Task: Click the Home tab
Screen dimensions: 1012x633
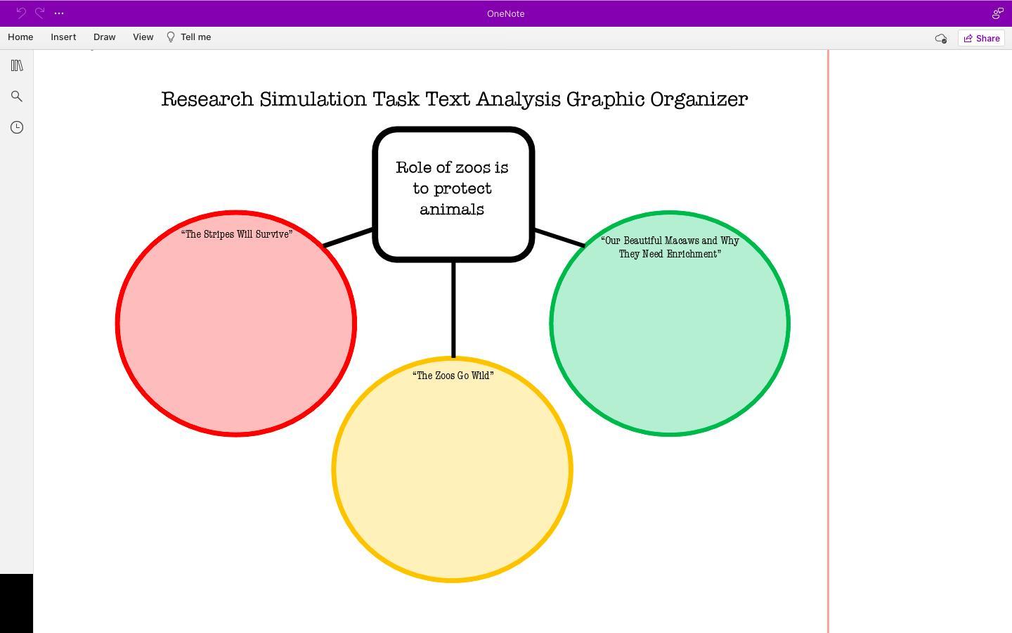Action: tap(20, 37)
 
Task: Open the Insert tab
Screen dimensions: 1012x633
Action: tap(63, 37)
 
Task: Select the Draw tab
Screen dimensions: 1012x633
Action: tap(104, 37)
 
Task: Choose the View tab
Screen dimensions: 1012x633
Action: tap(143, 37)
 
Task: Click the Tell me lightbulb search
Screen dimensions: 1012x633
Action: tap(189, 37)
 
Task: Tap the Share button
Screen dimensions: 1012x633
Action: tap(981, 39)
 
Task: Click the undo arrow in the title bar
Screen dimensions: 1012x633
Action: tap(21, 13)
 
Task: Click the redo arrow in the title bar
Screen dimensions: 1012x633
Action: tap(40, 13)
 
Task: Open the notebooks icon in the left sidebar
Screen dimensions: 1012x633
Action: tap(17, 65)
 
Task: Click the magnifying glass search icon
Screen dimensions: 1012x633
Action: tap(17, 96)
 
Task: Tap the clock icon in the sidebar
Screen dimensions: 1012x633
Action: tap(17, 127)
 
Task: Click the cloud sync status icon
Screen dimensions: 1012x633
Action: tap(940, 39)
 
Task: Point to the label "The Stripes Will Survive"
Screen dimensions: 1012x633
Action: tap(237, 234)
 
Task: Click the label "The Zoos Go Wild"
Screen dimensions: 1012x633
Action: tap(453, 376)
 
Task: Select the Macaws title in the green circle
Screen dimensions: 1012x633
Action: tap(670, 248)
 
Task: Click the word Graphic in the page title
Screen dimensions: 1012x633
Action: tap(605, 99)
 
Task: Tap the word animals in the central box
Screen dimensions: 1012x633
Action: tap(452, 210)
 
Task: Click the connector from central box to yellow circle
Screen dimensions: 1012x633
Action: tap(453, 309)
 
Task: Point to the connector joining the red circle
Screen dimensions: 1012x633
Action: tap(348, 238)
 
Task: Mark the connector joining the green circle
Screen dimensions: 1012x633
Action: tap(559, 238)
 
